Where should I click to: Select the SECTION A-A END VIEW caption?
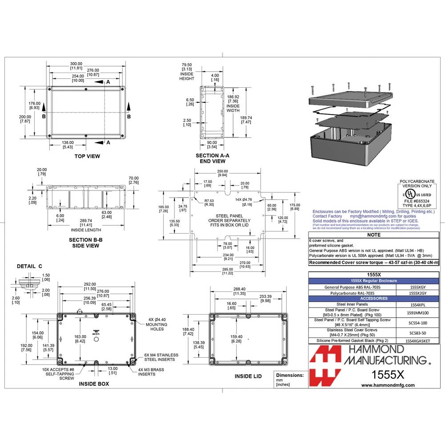pyautogui.click(x=212, y=158)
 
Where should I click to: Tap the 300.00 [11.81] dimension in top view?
pyautogui.click(x=76, y=65)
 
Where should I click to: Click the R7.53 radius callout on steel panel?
pyautogui.click(x=209, y=202)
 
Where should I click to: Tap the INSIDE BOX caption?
pyautogui.click(x=94, y=383)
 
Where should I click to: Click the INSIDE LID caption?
pyautogui.click(x=248, y=376)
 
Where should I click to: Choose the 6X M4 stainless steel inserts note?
pyautogui.click(x=162, y=357)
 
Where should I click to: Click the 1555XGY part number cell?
pyautogui.click(x=417, y=287)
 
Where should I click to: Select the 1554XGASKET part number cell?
pyautogui.click(x=417, y=340)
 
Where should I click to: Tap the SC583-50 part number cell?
pyautogui.click(x=417, y=332)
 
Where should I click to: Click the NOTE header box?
pyautogui.click(x=374, y=235)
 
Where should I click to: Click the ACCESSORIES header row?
pyautogui.click(x=374, y=298)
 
